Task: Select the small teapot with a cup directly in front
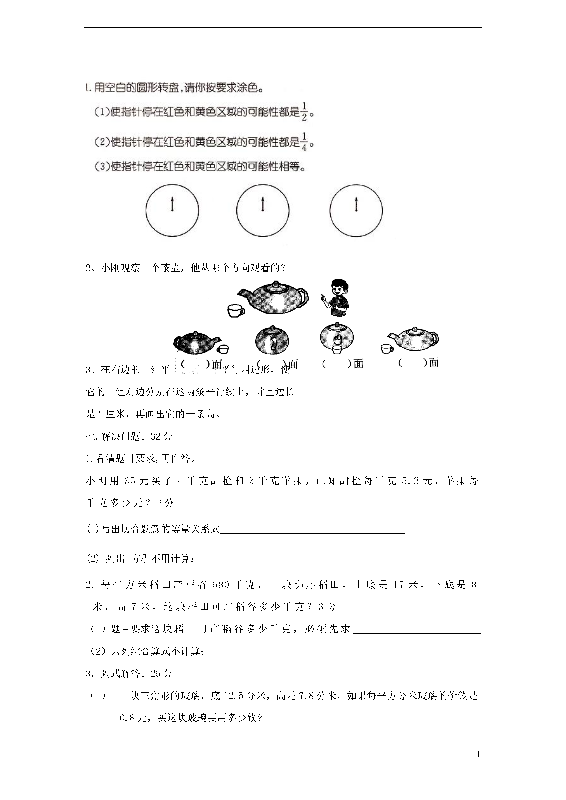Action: [337, 337]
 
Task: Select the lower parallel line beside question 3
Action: [411, 425]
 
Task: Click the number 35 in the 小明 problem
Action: [129, 481]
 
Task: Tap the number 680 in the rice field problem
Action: [220, 584]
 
